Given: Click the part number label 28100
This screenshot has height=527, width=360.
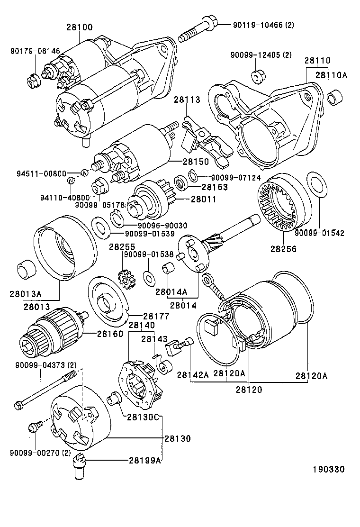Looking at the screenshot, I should (x=79, y=27).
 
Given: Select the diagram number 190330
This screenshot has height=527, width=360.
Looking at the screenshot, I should (x=328, y=469).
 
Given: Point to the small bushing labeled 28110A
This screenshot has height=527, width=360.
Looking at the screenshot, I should (x=334, y=98).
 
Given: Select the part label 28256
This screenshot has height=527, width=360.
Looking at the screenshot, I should (x=284, y=248).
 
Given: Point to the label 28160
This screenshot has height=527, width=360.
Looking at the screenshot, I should (x=110, y=334).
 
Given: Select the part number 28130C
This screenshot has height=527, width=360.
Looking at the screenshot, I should (x=144, y=417).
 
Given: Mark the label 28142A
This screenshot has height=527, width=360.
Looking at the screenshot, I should (x=193, y=375).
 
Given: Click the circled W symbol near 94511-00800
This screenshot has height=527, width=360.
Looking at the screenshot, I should (x=84, y=173).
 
